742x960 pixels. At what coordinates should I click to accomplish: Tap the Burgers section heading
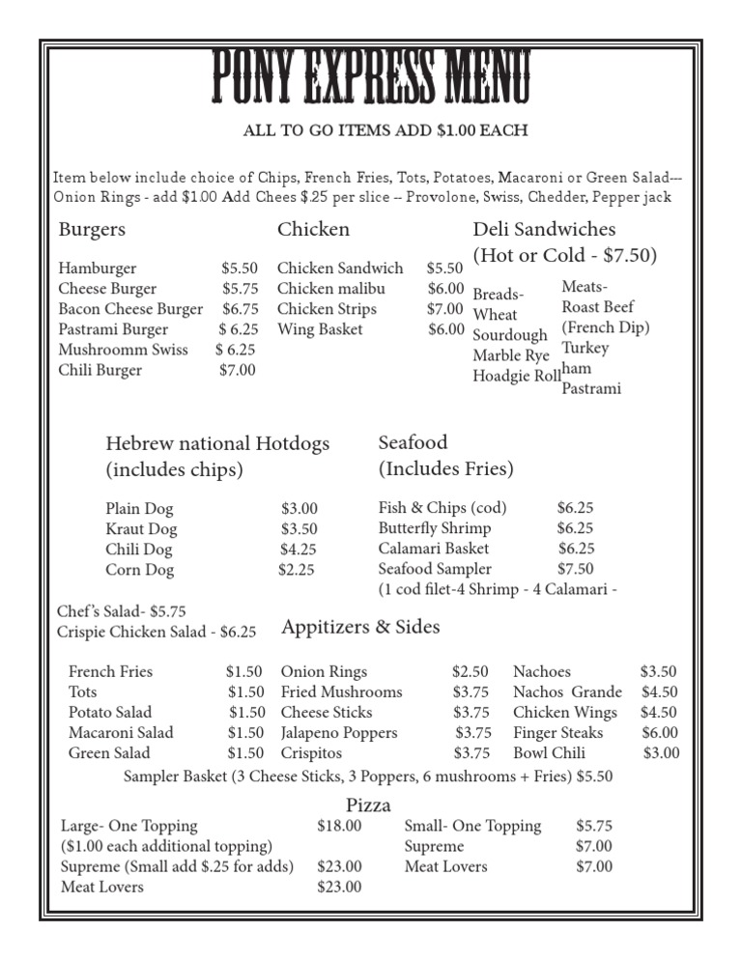[x=92, y=230]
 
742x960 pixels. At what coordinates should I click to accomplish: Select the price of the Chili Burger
[x=238, y=370]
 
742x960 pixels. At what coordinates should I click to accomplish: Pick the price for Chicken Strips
[x=445, y=309]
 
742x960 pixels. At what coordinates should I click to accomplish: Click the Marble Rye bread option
[x=511, y=355]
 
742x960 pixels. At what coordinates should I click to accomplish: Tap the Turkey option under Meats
[x=585, y=348]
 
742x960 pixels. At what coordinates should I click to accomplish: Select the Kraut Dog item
[x=141, y=529]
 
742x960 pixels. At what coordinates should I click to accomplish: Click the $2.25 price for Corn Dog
[x=297, y=570]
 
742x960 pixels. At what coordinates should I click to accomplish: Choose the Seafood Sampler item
[x=435, y=569]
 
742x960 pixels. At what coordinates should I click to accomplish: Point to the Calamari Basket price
[x=575, y=549]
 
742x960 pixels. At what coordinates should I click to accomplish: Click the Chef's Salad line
[x=122, y=611]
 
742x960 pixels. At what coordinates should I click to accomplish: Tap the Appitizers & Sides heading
[x=360, y=628]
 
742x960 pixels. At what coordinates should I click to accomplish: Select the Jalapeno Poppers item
[x=339, y=733]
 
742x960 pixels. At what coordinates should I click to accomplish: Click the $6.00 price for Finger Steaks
[x=660, y=733]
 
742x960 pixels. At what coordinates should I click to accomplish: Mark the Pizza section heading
[x=368, y=805]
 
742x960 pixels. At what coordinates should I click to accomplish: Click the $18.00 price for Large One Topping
[x=339, y=826]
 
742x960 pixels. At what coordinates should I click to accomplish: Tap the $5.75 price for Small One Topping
[x=594, y=826]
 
